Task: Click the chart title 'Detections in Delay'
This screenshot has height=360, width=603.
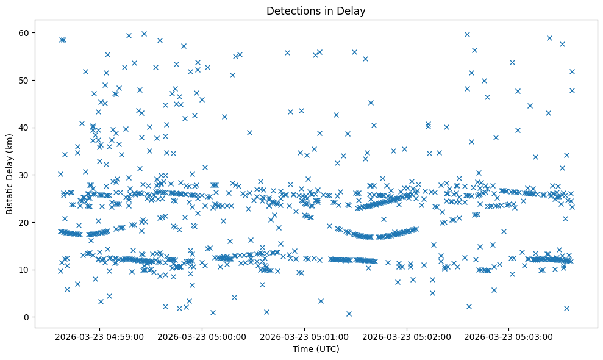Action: coord(316,10)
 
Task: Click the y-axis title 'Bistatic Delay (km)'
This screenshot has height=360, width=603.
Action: coord(10,173)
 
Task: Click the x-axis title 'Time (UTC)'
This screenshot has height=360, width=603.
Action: coord(316,350)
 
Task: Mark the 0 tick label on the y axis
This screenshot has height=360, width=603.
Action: coord(30,317)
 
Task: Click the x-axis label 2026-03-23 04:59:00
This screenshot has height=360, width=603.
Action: coord(99,336)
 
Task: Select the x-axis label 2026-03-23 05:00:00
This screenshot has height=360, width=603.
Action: coord(202,336)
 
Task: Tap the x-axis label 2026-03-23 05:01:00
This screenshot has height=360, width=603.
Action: coord(305,336)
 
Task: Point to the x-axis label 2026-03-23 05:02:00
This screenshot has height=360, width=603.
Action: coord(407,336)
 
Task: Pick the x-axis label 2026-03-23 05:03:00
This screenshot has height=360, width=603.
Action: coord(510,336)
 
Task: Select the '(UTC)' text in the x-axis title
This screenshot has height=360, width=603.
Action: coord(327,350)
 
